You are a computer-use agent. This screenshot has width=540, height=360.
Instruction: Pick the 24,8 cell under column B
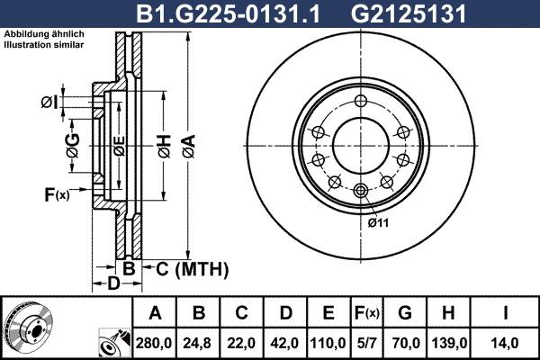(200, 343)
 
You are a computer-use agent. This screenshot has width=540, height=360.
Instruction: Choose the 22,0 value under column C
(243, 343)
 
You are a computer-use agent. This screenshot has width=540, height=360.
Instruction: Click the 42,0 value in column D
(286, 343)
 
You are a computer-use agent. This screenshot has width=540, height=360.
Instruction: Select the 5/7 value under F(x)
(368, 343)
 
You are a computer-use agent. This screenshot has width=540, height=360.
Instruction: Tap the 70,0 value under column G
(406, 343)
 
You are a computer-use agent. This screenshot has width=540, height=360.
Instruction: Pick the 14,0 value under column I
(507, 343)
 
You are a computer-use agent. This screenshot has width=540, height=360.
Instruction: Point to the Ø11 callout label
(377, 222)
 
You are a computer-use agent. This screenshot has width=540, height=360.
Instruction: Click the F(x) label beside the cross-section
(56, 193)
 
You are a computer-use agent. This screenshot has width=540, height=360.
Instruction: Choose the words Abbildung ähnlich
(44, 34)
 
